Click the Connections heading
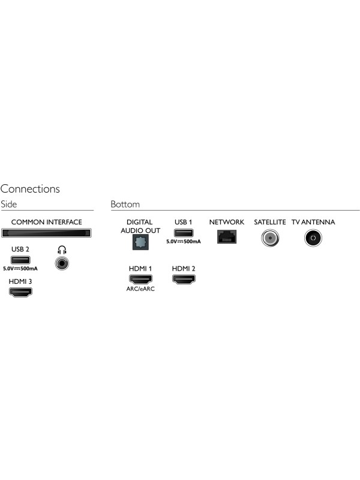30,189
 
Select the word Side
8,204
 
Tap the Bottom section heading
125,204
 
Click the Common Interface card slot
46,233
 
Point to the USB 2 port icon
20,260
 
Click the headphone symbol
62,250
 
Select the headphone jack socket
62,263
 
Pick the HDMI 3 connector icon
20,292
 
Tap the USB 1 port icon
184,233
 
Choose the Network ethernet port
227,236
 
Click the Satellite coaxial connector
270,238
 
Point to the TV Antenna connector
313,238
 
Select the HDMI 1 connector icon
140,279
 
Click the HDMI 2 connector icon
184,279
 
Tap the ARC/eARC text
140,289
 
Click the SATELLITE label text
269,222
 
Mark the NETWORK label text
227,222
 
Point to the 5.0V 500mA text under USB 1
184,242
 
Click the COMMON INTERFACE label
47,222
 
